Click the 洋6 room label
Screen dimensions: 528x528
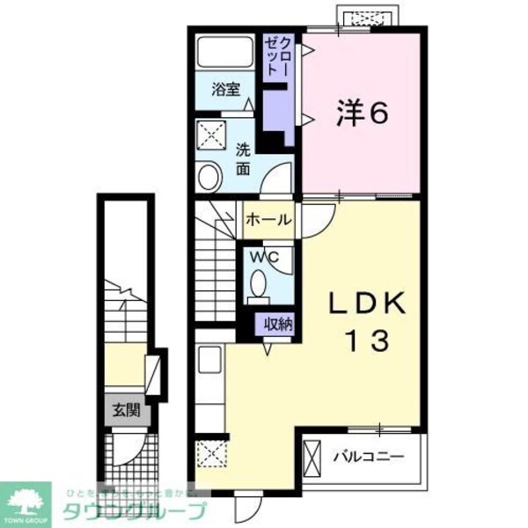point(361,113)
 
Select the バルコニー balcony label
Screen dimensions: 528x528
point(368,457)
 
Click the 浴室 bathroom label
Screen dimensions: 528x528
point(225,88)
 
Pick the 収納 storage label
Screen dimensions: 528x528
point(278,323)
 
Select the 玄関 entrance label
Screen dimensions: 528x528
point(122,410)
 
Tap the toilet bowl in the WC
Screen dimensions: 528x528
point(260,285)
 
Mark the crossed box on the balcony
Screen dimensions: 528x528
point(313,456)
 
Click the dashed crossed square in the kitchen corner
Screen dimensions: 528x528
point(211,455)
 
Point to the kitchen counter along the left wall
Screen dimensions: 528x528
point(209,387)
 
